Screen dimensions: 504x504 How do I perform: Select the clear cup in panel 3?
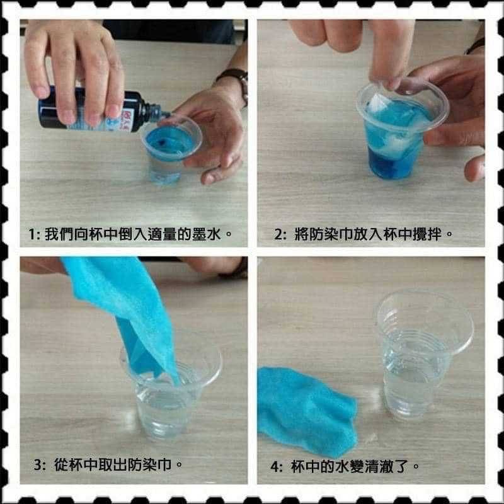(x=167, y=397)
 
